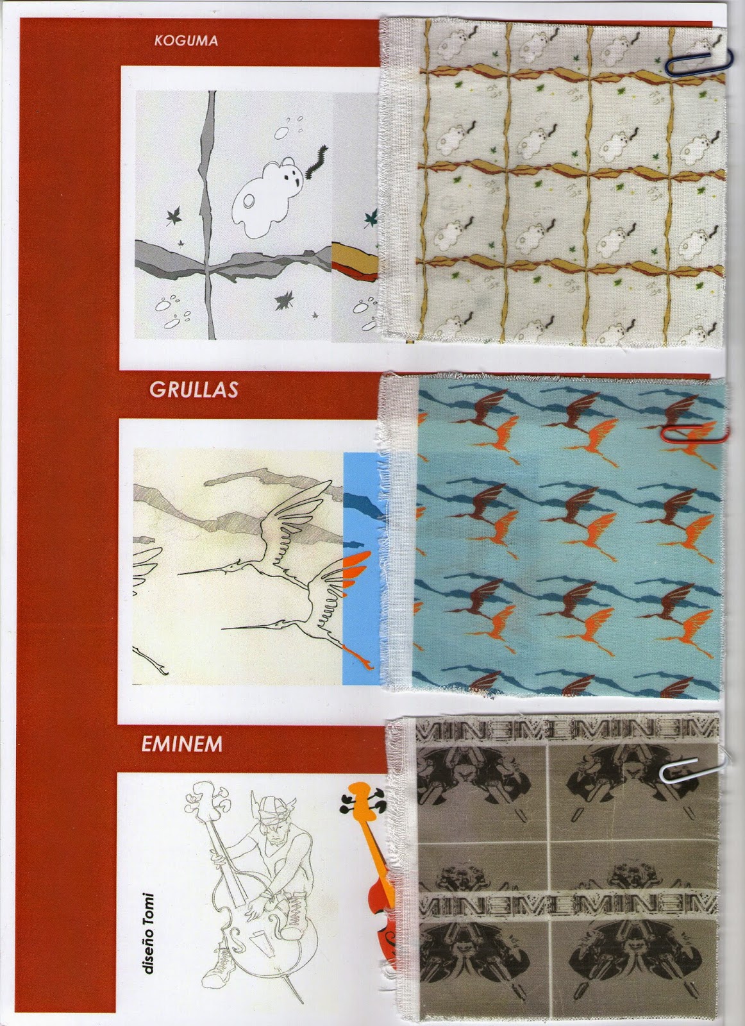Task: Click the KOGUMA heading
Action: coord(186,40)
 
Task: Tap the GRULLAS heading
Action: coord(194,389)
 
